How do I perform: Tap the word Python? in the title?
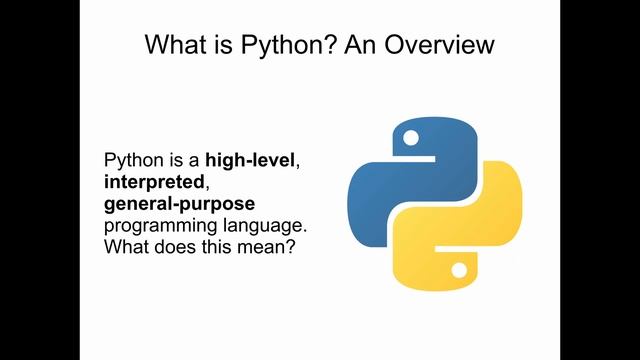tap(286, 44)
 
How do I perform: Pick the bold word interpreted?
tap(149, 182)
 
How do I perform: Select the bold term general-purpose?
tap(172, 204)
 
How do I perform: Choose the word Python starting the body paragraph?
tap(131, 160)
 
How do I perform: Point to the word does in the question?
tap(174, 248)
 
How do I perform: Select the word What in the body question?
tap(126, 248)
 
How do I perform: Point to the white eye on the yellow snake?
tap(459, 271)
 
